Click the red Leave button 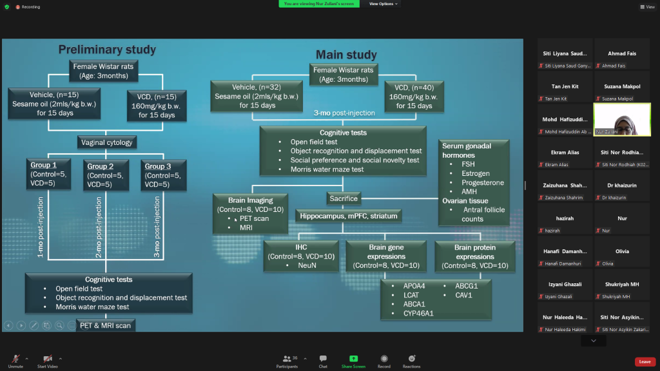(x=645, y=362)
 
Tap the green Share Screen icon (x=353, y=359)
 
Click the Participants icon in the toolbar (x=287, y=359)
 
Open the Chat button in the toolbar (x=323, y=359)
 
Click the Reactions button (x=411, y=359)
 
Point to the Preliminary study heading (x=107, y=50)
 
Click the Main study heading (x=346, y=55)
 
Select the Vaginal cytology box (x=106, y=142)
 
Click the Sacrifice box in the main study (x=343, y=198)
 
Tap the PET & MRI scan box (x=106, y=325)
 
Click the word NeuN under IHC (x=306, y=265)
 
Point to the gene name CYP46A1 (x=418, y=314)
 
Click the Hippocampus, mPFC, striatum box (x=349, y=216)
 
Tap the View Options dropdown (x=383, y=4)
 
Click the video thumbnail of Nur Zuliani (x=622, y=119)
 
